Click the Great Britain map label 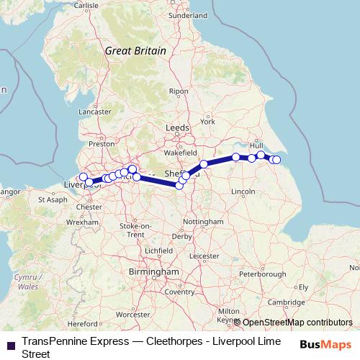(x=135, y=51)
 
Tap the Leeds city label (x=177, y=127)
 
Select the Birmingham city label (x=152, y=272)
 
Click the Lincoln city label (x=244, y=191)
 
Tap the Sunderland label (x=187, y=14)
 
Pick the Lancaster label (x=95, y=112)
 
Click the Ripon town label (x=178, y=91)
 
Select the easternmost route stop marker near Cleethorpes (x=276, y=160)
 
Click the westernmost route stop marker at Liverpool (x=83, y=177)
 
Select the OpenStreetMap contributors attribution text (x=297, y=323)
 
